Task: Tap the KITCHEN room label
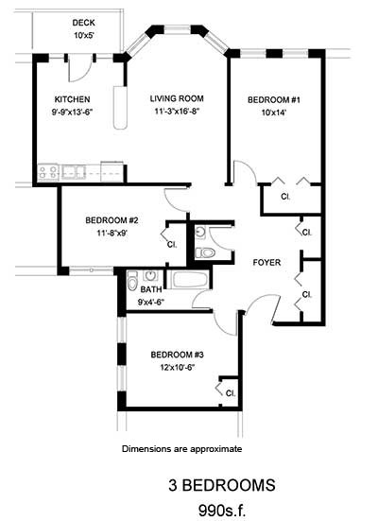(x=72, y=98)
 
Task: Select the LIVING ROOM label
(x=177, y=98)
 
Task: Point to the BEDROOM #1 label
(x=274, y=99)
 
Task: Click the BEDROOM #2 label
(x=112, y=218)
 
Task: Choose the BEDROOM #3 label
(x=177, y=356)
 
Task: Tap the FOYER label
(x=267, y=262)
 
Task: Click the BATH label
(x=151, y=289)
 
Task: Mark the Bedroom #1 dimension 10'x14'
(x=274, y=113)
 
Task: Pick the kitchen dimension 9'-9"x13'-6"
(x=72, y=112)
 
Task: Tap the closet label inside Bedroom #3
(x=231, y=391)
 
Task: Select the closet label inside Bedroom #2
(x=172, y=243)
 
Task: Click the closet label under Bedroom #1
(x=285, y=198)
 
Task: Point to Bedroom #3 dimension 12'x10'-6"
(x=177, y=369)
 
